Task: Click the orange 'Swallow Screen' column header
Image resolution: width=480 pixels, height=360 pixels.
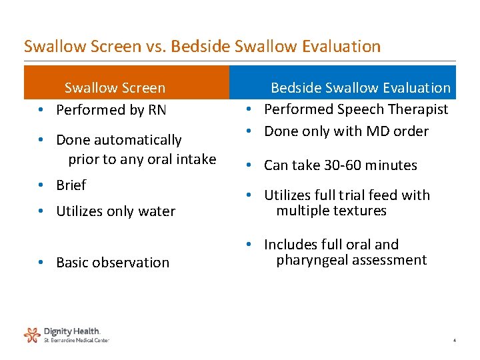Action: tap(115, 88)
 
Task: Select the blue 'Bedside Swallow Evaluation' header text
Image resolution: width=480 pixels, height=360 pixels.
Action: tap(360, 88)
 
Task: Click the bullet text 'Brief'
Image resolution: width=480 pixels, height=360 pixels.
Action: tap(71, 185)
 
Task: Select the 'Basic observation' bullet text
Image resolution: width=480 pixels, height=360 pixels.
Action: tap(113, 263)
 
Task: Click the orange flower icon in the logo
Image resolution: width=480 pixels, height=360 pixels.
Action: tap(32, 334)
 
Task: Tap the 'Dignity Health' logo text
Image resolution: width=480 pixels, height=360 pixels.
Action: tap(72, 331)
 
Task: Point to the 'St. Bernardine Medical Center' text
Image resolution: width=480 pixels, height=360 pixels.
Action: tap(76, 340)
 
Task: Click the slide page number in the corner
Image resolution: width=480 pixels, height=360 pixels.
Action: tap(454, 341)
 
